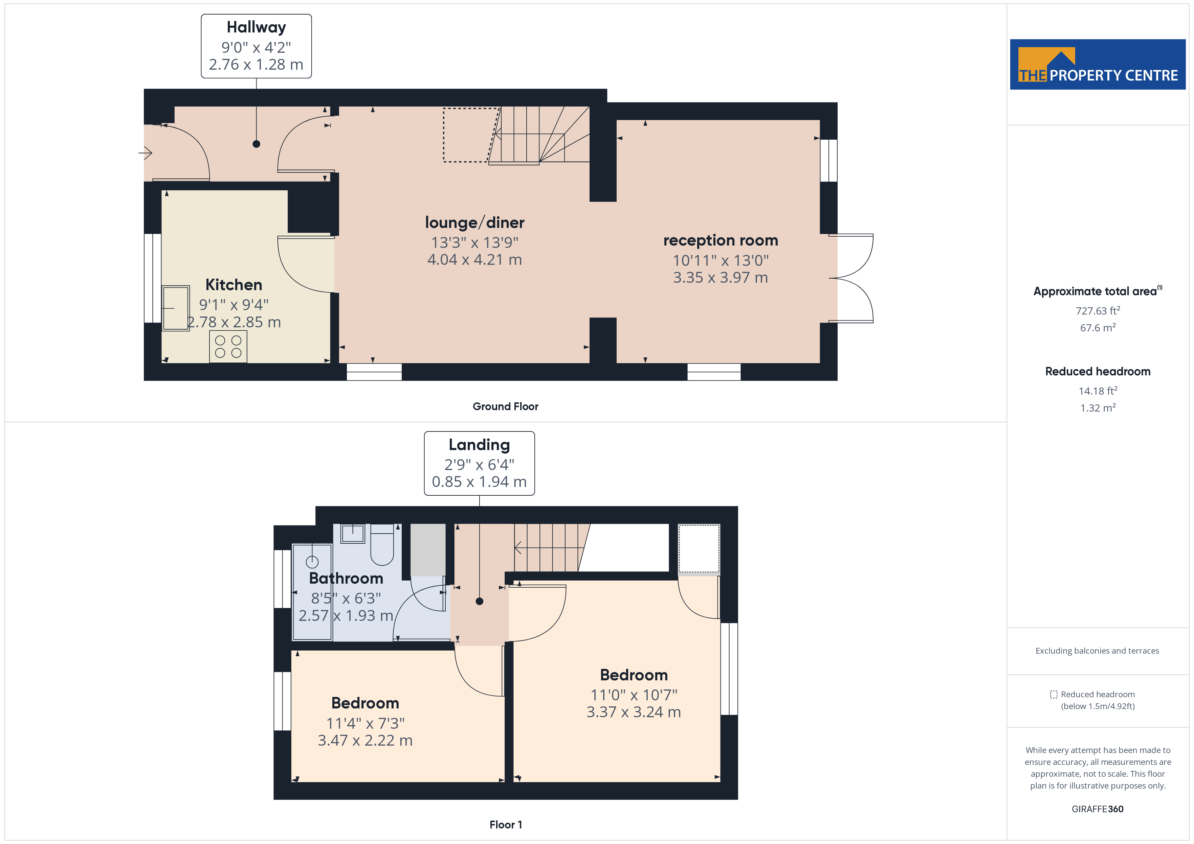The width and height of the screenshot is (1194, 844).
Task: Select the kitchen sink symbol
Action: point(175,308)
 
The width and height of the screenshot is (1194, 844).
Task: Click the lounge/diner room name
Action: point(474,222)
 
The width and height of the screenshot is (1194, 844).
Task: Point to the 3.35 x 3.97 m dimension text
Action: point(720,278)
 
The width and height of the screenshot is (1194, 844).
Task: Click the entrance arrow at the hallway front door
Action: point(145,153)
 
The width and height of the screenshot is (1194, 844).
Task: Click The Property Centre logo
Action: point(1097,65)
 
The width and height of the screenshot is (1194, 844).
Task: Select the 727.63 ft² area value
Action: point(1097,311)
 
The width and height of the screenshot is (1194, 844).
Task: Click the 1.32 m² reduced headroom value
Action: point(1097,408)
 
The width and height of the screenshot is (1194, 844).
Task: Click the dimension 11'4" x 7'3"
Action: point(365,723)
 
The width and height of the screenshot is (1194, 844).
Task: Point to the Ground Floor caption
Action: point(505,406)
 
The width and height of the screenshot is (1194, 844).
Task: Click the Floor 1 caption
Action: point(505,825)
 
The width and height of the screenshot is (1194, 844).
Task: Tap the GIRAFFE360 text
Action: point(1097,809)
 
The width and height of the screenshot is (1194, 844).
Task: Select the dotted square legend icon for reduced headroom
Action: point(1053,694)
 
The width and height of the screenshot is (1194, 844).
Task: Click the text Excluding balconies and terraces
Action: point(1097,651)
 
